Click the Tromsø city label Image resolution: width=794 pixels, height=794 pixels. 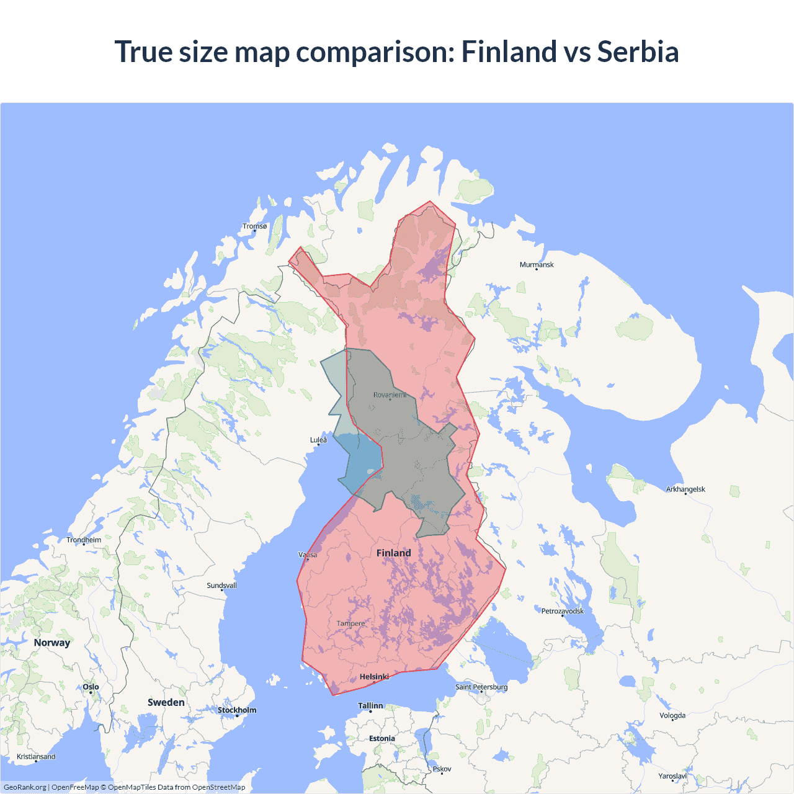254,226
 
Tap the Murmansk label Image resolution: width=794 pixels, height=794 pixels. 537,265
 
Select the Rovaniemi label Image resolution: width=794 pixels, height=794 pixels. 390,395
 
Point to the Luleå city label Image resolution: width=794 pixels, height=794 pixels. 318,440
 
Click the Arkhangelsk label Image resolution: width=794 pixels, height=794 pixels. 685,489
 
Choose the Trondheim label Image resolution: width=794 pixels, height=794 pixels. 84,540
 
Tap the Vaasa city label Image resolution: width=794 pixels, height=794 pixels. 308,555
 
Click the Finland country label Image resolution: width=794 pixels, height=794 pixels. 393,553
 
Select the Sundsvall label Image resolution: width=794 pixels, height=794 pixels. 221,586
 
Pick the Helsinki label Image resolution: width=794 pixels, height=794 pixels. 374,677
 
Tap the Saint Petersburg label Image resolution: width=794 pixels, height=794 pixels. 481,687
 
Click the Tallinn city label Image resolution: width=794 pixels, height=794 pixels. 370,706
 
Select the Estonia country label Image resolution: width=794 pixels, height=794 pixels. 381,739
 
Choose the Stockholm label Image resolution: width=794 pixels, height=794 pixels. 236,710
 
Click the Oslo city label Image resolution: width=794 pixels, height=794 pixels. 91,687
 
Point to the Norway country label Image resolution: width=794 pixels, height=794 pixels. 52,643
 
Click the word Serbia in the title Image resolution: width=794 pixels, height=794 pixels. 638,51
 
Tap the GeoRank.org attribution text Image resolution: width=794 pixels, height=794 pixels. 25,787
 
